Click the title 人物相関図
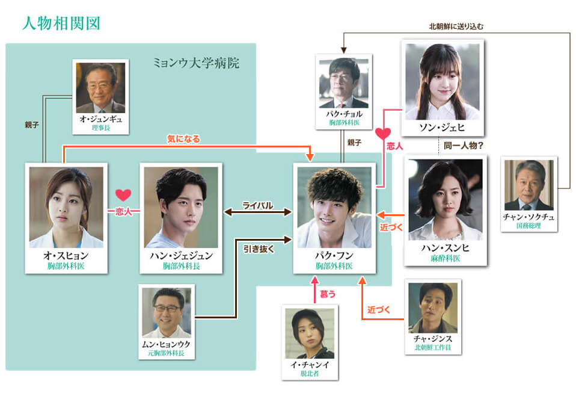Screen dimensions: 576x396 point(61,23)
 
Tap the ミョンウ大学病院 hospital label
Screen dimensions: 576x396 point(196,63)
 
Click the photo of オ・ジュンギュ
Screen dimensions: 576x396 point(100,87)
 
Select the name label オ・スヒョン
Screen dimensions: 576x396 point(66,255)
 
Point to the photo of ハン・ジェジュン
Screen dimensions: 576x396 point(181,208)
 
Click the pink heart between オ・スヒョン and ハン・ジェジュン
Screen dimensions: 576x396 point(123,195)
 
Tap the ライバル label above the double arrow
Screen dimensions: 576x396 point(257,205)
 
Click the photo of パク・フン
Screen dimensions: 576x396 point(334,208)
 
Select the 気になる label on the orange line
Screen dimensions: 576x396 point(183,138)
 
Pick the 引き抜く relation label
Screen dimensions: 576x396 point(259,249)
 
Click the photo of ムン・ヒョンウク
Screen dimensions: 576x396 point(167,312)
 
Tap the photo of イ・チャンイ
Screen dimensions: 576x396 point(310,333)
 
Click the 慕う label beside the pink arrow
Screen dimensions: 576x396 point(328,294)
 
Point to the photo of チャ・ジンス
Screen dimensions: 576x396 point(433,308)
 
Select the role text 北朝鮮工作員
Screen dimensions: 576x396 point(433,347)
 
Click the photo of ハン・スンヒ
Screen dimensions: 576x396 point(446,200)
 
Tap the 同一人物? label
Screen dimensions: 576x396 point(464,146)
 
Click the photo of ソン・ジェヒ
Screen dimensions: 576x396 point(443,82)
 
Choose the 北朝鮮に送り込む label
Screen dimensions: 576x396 point(456,26)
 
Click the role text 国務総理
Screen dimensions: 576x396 point(529,226)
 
